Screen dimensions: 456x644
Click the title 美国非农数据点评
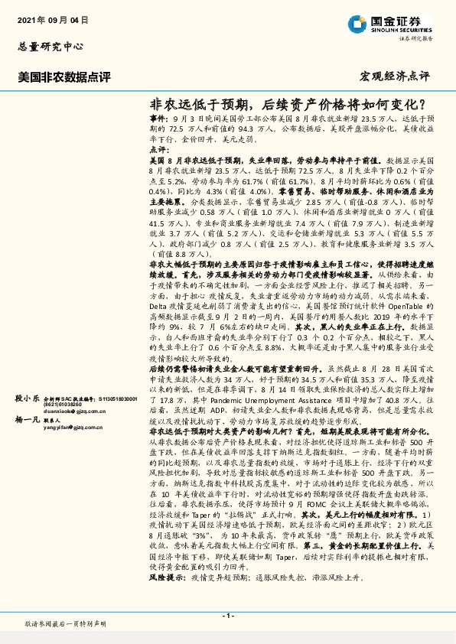[64, 77]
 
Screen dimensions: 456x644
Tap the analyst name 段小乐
[27, 399]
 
